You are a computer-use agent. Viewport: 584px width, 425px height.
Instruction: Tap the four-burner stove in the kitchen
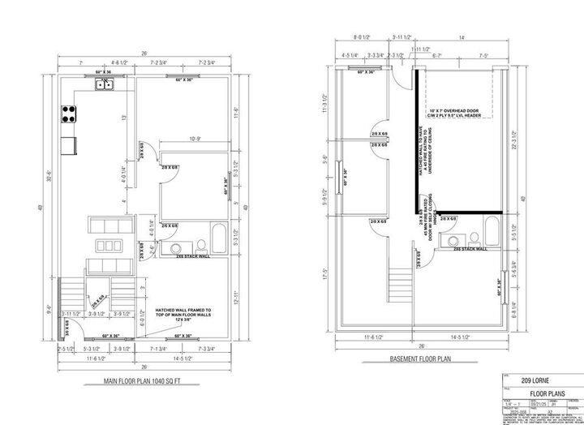(67, 115)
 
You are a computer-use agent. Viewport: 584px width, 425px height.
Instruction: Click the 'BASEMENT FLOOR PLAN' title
(422, 359)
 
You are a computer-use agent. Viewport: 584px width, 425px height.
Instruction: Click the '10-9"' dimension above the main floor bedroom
(195, 140)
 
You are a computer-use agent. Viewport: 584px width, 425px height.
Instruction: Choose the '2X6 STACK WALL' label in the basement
(470, 249)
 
